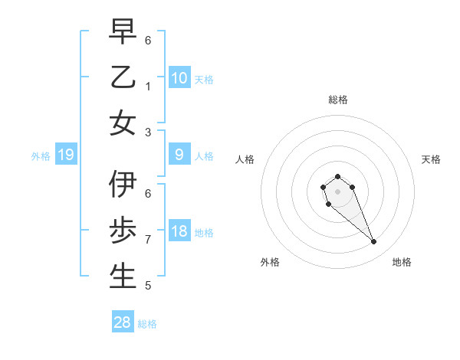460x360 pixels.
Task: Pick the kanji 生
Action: coord(123,277)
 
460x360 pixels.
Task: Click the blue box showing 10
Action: coord(179,78)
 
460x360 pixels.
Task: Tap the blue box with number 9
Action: coord(179,155)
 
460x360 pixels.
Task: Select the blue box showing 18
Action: coord(179,232)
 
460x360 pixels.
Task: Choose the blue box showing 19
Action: coord(66,155)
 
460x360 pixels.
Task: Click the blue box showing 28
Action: coord(123,322)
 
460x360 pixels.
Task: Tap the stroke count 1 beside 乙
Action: coord(148,86)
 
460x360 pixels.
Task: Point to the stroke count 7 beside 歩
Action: coord(148,240)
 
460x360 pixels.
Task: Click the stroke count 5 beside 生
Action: coord(148,286)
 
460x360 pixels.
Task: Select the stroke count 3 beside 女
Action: coord(148,132)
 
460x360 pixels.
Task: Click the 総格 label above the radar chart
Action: coord(338,100)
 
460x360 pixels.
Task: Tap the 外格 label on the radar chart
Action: coord(270,262)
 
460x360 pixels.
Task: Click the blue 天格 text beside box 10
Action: coord(204,79)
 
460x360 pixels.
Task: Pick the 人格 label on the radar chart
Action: coord(245,159)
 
